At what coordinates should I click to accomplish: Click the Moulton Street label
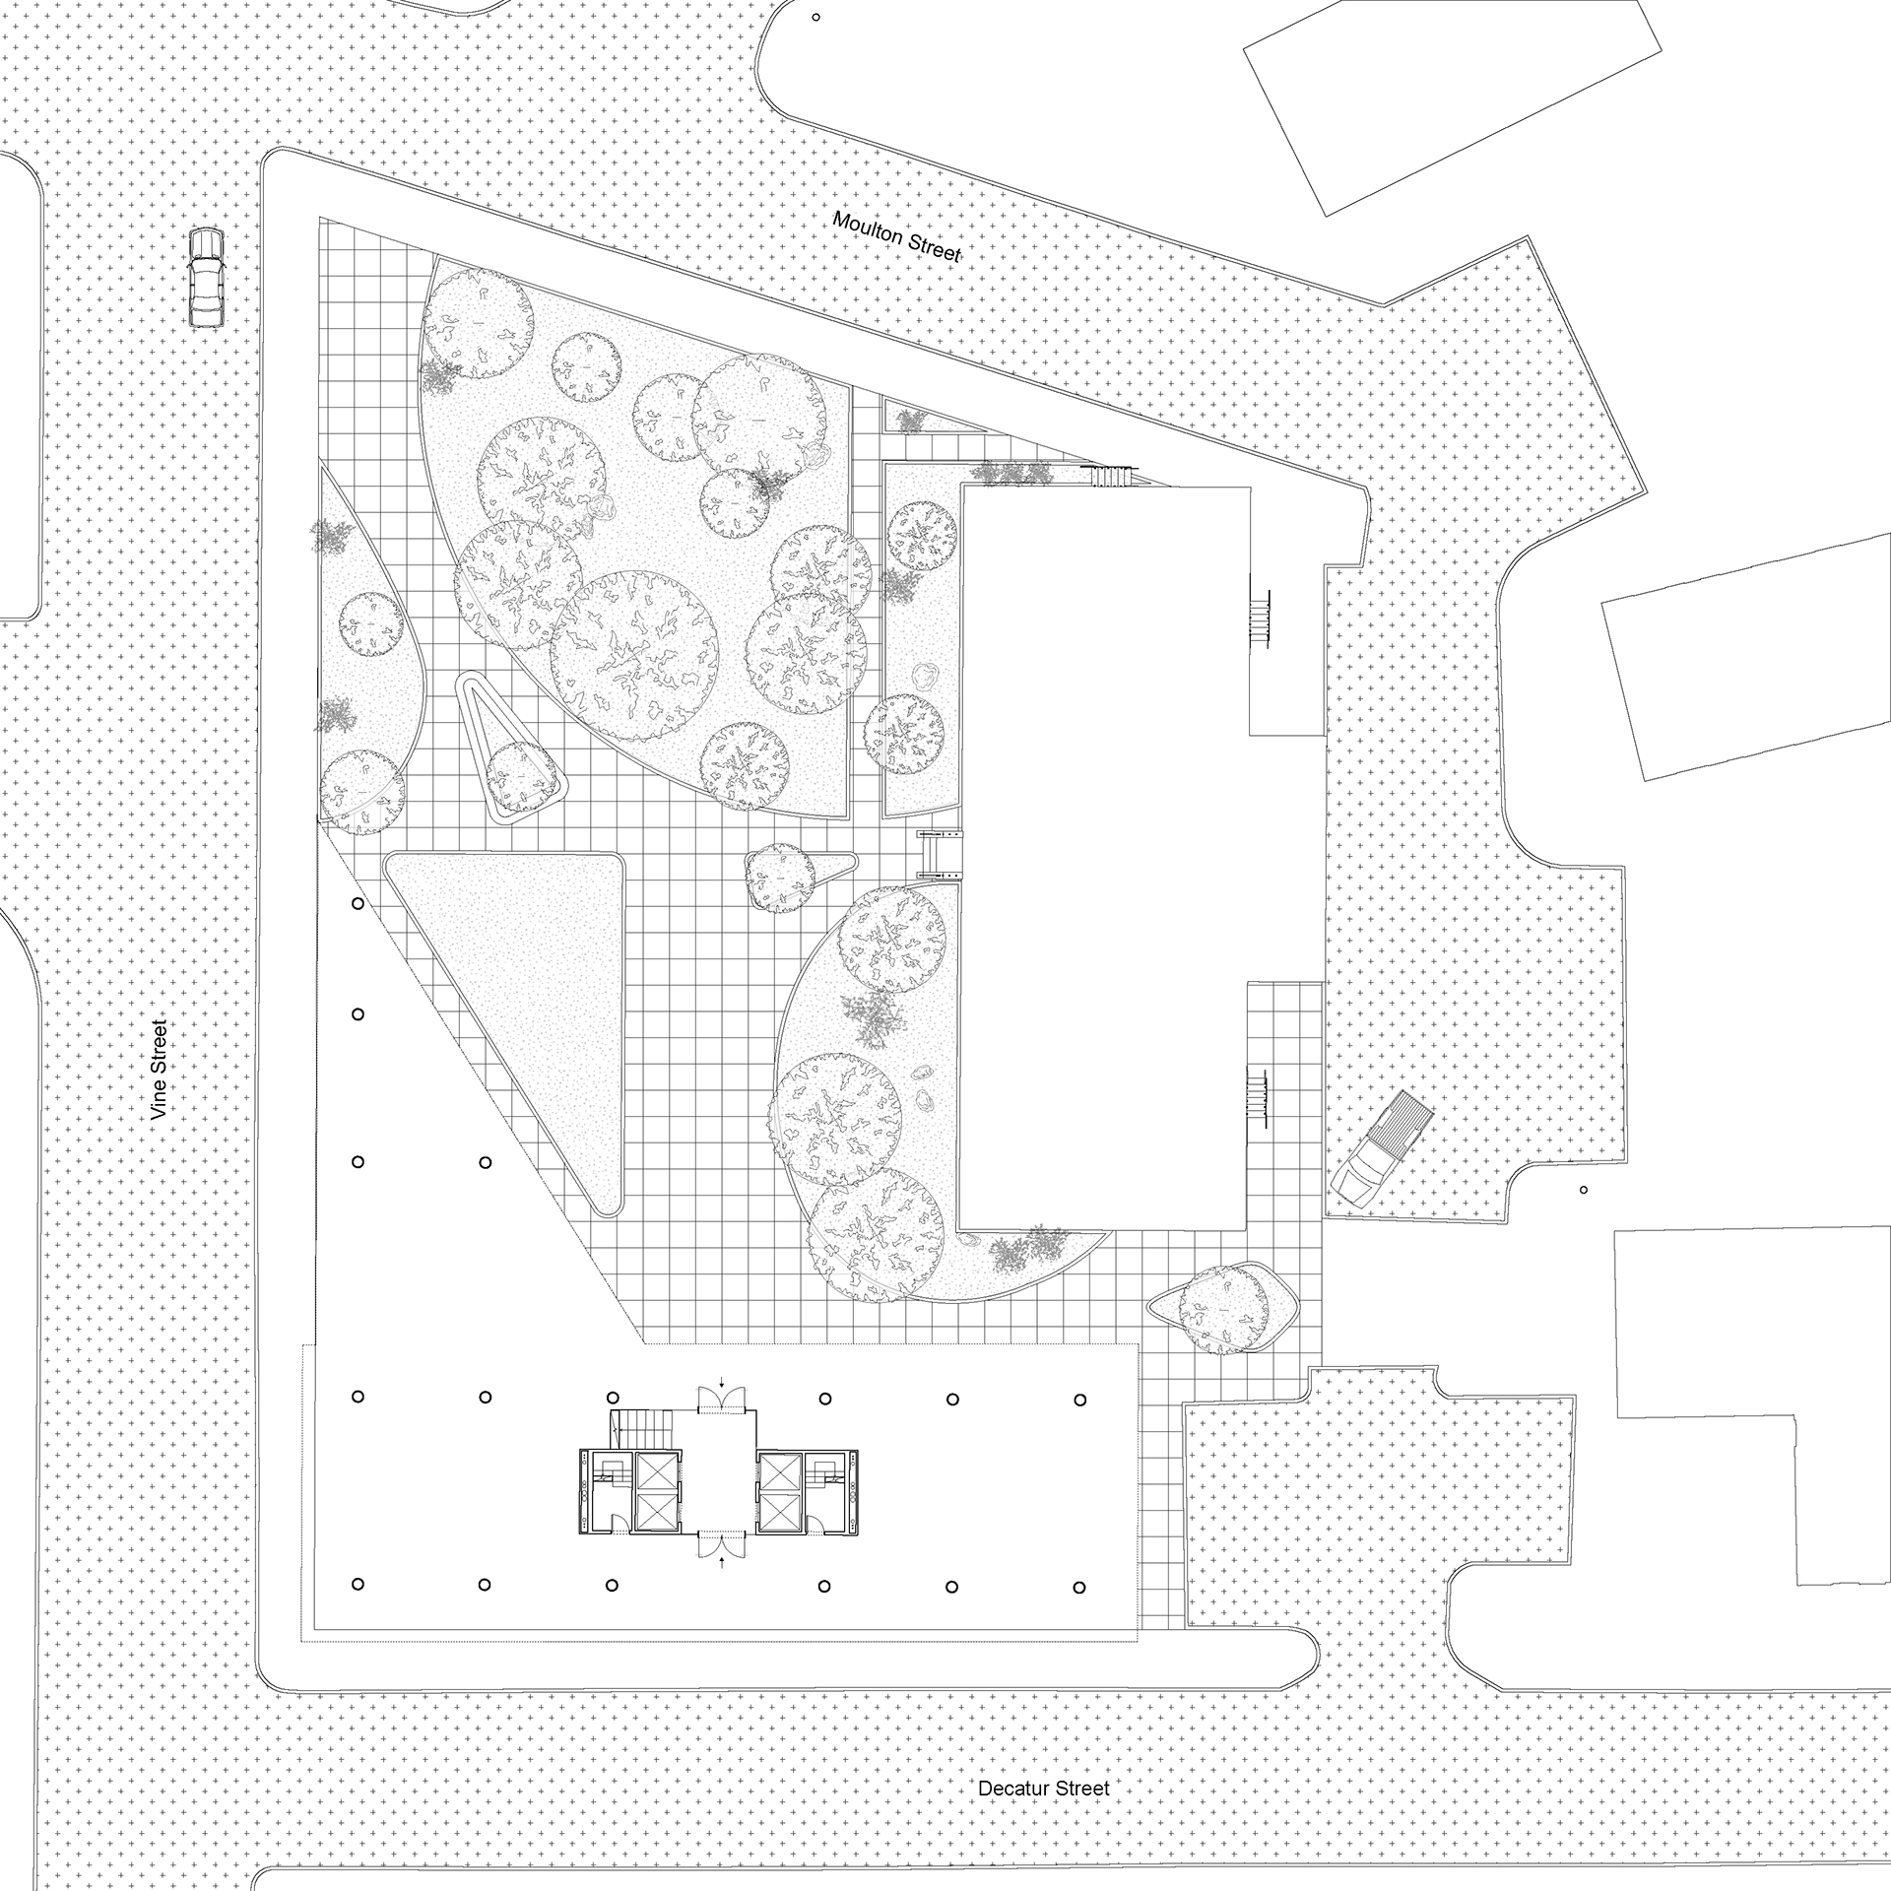(895, 236)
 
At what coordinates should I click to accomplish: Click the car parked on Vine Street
(206, 278)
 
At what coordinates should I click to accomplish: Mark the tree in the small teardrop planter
(780, 875)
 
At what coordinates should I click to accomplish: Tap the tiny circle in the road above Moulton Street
(815, 18)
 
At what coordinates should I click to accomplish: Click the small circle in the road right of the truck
(1584, 1190)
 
